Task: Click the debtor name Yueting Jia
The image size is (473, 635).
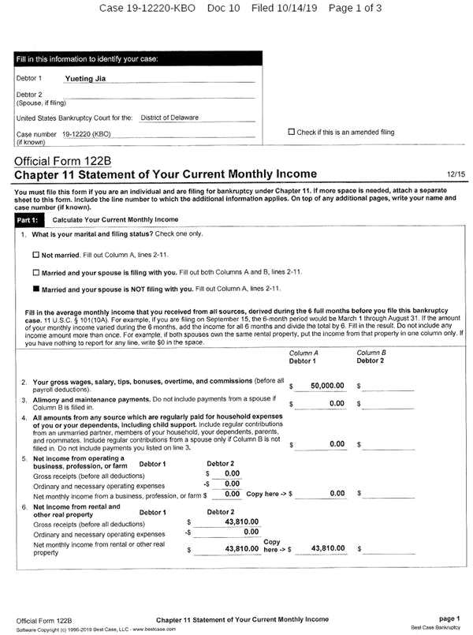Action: click(x=84, y=79)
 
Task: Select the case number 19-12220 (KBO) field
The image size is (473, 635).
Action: click(x=87, y=134)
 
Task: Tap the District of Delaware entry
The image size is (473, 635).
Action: click(x=169, y=118)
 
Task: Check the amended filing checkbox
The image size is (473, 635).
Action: click(x=292, y=132)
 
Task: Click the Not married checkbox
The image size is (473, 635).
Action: click(x=35, y=255)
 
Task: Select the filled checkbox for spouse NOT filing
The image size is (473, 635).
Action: click(x=35, y=289)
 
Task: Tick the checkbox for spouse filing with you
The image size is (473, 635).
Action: click(x=35, y=272)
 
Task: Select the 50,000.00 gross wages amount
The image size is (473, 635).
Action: click(x=327, y=386)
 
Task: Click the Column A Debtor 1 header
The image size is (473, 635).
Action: click(x=303, y=357)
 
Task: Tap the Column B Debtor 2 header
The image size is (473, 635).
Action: click(x=371, y=357)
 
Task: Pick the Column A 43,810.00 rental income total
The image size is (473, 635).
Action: click(x=328, y=548)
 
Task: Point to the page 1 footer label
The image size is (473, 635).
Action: click(x=449, y=618)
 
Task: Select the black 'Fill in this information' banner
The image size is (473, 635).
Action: click(x=139, y=59)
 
